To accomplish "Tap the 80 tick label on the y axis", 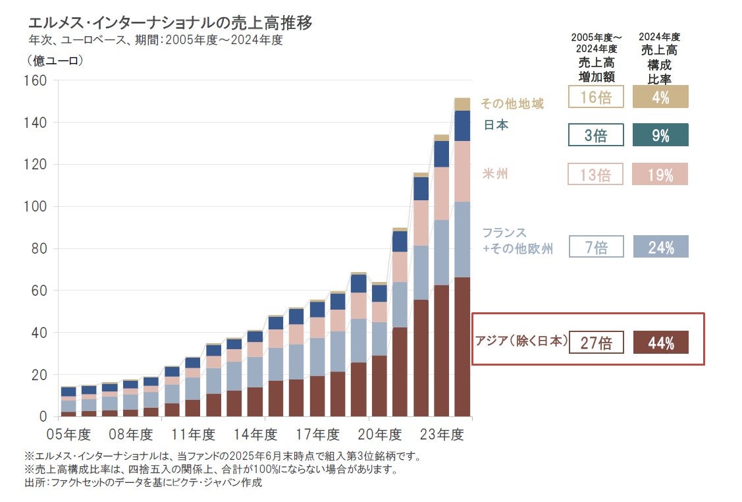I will click(38, 248).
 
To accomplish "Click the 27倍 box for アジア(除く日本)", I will click(596, 343).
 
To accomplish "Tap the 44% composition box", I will click(660, 343).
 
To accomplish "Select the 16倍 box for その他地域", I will click(596, 98).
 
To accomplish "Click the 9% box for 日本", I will click(660, 135).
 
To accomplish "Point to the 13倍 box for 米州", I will click(596, 175).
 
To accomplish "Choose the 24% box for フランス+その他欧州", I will click(660, 247).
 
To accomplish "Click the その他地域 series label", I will click(513, 103).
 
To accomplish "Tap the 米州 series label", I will click(495, 174).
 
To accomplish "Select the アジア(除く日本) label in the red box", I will click(521, 341).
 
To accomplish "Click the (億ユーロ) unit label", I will click(55, 61).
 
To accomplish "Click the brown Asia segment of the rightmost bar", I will click(462, 346).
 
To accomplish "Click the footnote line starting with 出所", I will click(143, 483).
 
